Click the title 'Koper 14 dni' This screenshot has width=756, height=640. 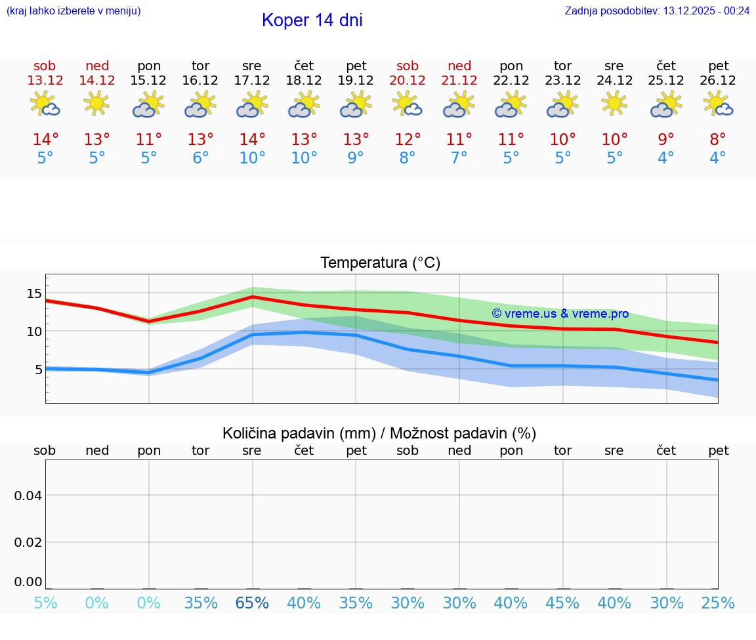pyautogui.click(x=312, y=20)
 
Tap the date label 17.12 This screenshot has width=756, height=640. pyautogui.click(x=252, y=81)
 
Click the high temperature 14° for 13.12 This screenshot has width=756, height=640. pyautogui.click(x=45, y=140)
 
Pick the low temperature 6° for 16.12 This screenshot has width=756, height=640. pyautogui.click(x=201, y=158)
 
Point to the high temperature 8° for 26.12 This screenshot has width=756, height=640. pyautogui.click(x=718, y=140)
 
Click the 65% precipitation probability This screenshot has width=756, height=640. pyautogui.click(x=252, y=603)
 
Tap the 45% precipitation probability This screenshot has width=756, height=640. pyautogui.click(x=562, y=603)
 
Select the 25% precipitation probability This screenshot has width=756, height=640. pyautogui.click(x=718, y=603)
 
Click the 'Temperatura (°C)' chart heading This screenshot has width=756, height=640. pyautogui.click(x=380, y=263)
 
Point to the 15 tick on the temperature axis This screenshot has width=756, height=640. pyautogui.click(x=34, y=293)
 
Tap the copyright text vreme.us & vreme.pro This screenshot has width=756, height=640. pyautogui.click(x=560, y=314)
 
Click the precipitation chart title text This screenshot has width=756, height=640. pyautogui.click(x=379, y=433)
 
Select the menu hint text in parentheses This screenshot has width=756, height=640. pyautogui.click(x=73, y=11)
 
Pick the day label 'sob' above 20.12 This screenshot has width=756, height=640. pyautogui.click(x=408, y=66)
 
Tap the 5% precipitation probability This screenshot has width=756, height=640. pyautogui.click(x=45, y=603)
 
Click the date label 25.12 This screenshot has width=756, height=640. pyautogui.click(x=666, y=81)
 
